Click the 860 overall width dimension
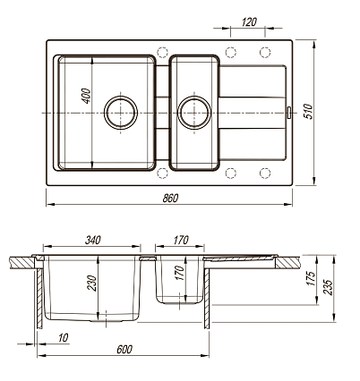(x=170, y=198)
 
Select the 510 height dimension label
(x=309, y=112)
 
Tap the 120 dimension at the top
(x=249, y=22)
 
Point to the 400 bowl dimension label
(x=86, y=96)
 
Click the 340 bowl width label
(x=93, y=240)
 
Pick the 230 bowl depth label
(x=91, y=284)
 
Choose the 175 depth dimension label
(x=311, y=278)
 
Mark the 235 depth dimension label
(x=328, y=287)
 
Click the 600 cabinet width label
(x=124, y=349)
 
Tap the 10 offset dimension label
(x=64, y=338)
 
